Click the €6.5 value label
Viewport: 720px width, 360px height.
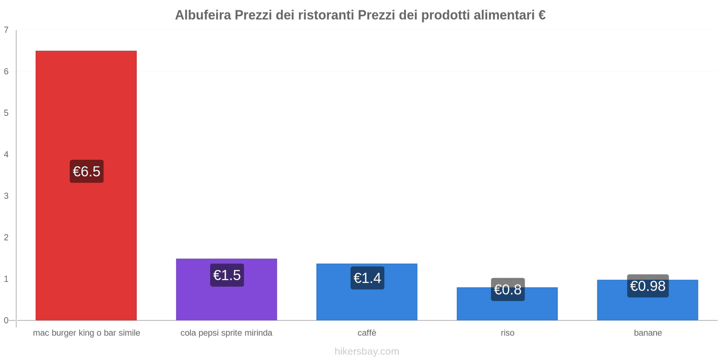86,171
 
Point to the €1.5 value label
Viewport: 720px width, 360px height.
227,275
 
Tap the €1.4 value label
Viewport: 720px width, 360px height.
367,278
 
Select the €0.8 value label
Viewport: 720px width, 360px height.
508,289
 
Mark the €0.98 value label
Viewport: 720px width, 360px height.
648,286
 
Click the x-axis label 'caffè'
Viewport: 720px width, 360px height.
367,333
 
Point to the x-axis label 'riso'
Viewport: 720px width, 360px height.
507,333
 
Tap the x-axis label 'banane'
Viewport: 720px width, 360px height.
648,333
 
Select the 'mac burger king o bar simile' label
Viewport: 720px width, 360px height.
86,333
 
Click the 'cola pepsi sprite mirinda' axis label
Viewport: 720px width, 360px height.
226,333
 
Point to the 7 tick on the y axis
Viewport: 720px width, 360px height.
6,30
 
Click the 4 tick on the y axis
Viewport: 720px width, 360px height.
6,154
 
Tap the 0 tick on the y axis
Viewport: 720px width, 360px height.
6,320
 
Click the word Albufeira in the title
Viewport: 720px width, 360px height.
202,15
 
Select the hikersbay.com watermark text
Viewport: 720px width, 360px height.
367,351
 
